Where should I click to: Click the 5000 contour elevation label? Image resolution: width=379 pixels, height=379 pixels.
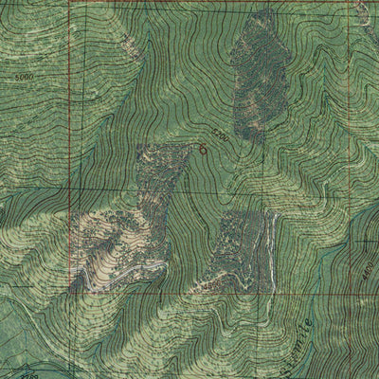pyautogui.click(x=24, y=76)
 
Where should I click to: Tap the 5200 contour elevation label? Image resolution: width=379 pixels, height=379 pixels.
pyautogui.click(x=219, y=135)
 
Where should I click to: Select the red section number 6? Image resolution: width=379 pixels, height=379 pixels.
pyautogui.click(x=202, y=148)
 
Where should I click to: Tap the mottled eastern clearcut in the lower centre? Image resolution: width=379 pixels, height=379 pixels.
pyautogui.click(x=237, y=246)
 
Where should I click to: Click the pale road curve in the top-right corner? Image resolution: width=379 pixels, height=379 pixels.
pyautogui.click(x=365, y=14)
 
